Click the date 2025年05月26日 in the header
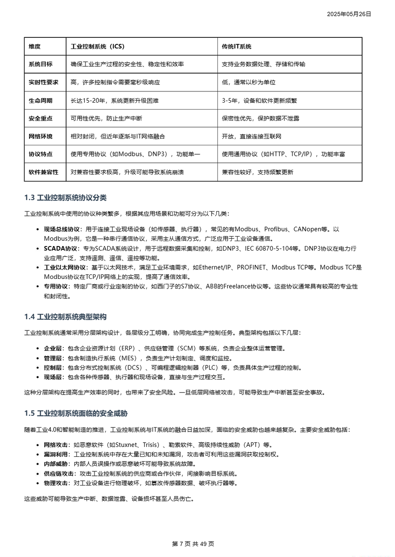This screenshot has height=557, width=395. (x=348, y=14)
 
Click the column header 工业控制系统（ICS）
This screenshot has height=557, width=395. (x=98, y=47)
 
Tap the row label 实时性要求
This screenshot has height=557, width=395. (x=44, y=82)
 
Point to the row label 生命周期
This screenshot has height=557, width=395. (x=40, y=101)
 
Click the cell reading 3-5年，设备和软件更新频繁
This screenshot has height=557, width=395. (x=259, y=101)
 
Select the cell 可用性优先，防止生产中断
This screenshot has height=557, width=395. (x=106, y=118)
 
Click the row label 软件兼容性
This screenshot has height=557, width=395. (x=44, y=172)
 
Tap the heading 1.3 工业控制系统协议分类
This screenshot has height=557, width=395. (x=65, y=198)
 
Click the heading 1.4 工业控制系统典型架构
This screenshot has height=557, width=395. (x=65, y=317)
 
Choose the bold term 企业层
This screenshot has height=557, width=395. (x=53, y=349)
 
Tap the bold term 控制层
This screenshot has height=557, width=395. (x=53, y=368)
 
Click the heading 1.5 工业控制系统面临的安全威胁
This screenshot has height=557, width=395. (x=76, y=414)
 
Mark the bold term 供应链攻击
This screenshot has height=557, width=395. (x=59, y=474)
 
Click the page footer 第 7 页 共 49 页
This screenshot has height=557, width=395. (x=193, y=544)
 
